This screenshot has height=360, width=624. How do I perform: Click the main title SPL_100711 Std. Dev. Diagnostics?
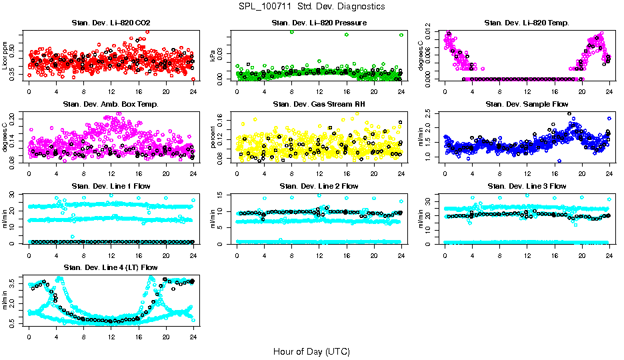(x=311, y=7)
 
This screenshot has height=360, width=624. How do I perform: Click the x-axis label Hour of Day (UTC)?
(x=311, y=351)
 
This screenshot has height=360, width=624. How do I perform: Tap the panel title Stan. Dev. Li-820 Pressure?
(x=319, y=23)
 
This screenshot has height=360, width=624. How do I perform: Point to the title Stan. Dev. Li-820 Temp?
(x=527, y=23)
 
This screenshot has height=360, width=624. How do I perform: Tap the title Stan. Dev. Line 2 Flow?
(x=319, y=186)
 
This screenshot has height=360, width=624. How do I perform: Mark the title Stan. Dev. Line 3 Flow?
(x=527, y=186)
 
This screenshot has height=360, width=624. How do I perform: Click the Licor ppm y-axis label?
(x=6, y=55)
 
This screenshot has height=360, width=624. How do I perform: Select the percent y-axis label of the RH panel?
(x=214, y=137)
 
